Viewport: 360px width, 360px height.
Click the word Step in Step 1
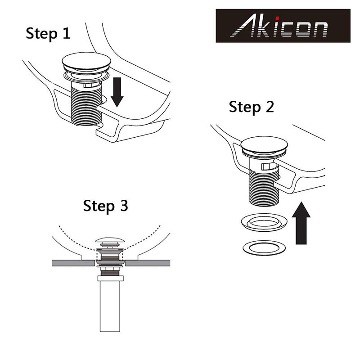(x=41, y=34)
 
